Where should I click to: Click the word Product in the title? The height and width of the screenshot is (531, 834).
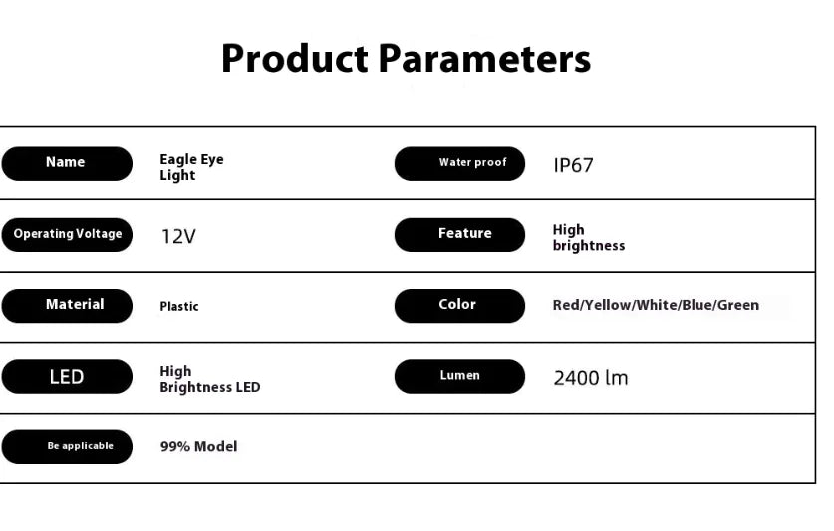[295, 58]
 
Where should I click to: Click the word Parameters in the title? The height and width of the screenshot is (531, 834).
[484, 58]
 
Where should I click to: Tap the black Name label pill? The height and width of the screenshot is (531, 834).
[67, 163]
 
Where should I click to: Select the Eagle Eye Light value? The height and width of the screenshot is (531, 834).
[191, 167]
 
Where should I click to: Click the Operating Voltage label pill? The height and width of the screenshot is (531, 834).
[67, 235]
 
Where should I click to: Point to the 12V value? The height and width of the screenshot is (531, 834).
[178, 236]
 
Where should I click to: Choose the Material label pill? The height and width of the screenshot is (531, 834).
[67, 306]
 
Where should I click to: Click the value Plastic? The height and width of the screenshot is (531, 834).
[179, 306]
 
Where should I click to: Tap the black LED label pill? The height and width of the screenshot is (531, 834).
[67, 377]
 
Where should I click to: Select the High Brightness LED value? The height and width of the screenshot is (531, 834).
[210, 379]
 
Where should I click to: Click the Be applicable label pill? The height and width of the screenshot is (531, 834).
[67, 447]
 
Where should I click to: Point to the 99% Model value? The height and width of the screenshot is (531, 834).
[199, 447]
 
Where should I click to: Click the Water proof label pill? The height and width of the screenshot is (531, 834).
[459, 163]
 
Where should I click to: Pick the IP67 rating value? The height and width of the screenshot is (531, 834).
[573, 165]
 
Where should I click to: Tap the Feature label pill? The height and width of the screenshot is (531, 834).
[459, 235]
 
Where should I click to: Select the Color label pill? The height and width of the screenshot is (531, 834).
[459, 306]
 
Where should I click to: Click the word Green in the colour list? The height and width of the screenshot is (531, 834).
[738, 305]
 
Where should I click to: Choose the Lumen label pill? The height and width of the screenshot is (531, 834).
[459, 377]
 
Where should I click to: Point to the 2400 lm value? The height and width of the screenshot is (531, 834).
[591, 378]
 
